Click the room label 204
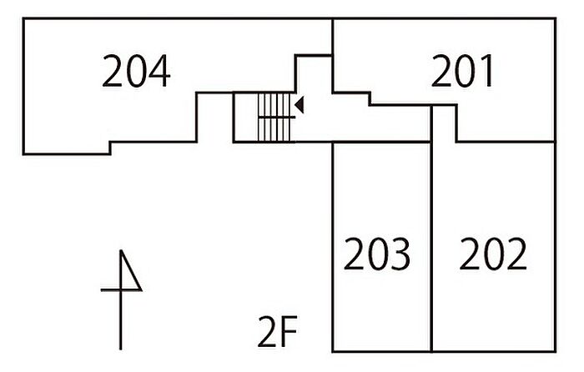pyautogui.click(x=136, y=71)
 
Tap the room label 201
pyautogui.click(x=462, y=71)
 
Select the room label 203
pyautogui.click(x=376, y=254)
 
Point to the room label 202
pyautogui.click(x=493, y=254)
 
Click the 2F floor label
pyautogui.click(x=278, y=331)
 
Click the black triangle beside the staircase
pyautogui.click(x=300, y=104)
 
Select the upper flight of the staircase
pyautogui.click(x=274, y=105)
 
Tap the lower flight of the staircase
pyautogui.click(x=274, y=129)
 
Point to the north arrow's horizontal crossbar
pyautogui.click(x=121, y=289)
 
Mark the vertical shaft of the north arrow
pyautogui.click(x=121, y=299)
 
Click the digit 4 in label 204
pyautogui.click(x=159, y=71)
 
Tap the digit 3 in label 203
pyautogui.click(x=400, y=254)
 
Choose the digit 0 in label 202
pyautogui.click(x=493, y=254)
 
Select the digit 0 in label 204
pyautogui.click(x=136, y=71)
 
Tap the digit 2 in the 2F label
pyautogui.click(x=268, y=331)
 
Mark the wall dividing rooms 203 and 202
pyautogui.click(x=431, y=229)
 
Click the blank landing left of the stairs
pyautogui.click(x=246, y=118)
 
